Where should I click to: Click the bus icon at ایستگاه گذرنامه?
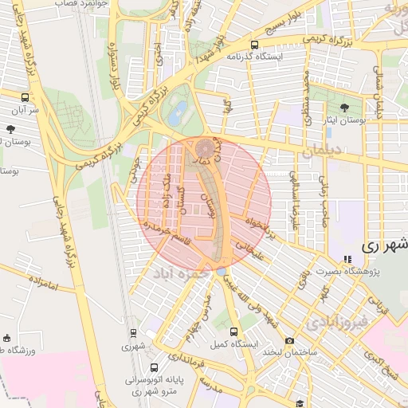click(254, 45)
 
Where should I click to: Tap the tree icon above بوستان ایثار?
click(344, 106)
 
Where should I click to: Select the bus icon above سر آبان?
click(25, 97)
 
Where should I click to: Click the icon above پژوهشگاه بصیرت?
click(347, 258)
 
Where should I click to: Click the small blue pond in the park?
click(180, 110)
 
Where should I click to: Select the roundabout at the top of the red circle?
click(206, 147)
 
